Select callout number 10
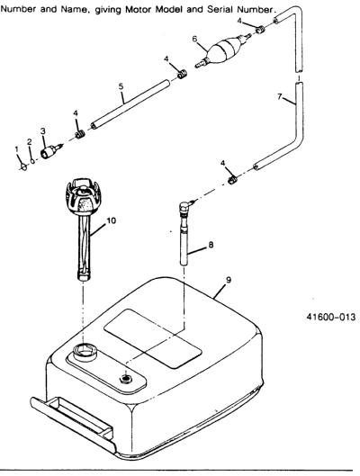click(x=112, y=220)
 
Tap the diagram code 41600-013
click(x=330, y=317)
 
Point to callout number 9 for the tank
click(x=229, y=280)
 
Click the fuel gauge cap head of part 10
click(x=83, y=195)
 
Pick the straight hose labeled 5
click(x=130, y=104)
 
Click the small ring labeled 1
click(x=23, y=166)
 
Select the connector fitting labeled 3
click(x=50, y=151)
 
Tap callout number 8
click(x=211, y=245)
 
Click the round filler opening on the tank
click(x=85, y=352)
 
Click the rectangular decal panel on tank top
click(x=153, y=338)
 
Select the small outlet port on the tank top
click(x=125, y=379)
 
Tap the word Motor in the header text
click(x=139, y=9)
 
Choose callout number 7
click(x=280, y=96)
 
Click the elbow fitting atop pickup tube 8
click(x=186, y=207)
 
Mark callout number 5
click(x=121, y=86)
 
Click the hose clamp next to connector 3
click(x=80, y=134)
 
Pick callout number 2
click(x=29, y=142)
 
